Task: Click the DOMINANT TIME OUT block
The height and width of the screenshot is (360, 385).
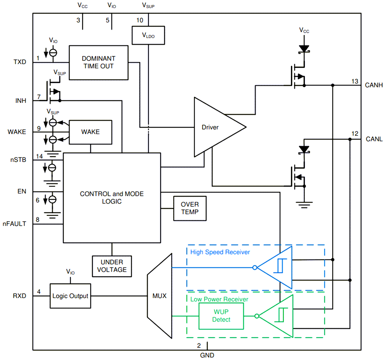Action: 98,62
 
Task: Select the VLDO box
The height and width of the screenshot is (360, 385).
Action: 148,35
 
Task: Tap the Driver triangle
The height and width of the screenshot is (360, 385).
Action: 213,127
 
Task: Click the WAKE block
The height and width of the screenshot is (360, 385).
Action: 90,132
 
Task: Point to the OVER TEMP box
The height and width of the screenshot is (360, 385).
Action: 190,208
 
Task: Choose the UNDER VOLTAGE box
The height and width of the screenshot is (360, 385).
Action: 112,266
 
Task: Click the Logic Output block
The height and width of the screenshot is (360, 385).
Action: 70,296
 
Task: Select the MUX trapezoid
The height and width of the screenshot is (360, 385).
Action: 160,296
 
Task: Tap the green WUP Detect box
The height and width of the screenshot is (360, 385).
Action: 221,316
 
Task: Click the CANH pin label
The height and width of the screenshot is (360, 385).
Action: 374,85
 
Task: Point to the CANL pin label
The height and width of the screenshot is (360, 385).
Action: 374,139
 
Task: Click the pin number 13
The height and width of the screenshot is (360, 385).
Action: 355,82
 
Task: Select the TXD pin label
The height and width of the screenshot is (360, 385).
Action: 20,62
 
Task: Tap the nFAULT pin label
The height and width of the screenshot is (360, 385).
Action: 14,224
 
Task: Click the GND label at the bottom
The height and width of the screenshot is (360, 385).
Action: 207,355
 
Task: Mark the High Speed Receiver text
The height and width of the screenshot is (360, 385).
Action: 220,252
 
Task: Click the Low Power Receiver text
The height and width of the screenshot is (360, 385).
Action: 219,299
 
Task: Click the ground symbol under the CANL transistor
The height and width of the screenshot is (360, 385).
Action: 303,204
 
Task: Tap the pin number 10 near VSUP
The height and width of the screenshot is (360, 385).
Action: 140,20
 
